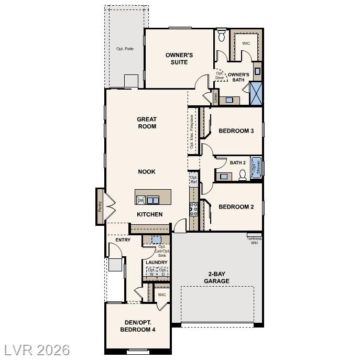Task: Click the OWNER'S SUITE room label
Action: click(x=180, y=59)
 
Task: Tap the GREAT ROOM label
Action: click(x=147, y=123)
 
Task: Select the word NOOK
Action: click(x=147, y=171)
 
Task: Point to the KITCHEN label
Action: click(x=149, y=214)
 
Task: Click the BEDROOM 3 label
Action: click(x=236, y=131)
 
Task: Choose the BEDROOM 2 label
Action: click(x=236, y=207)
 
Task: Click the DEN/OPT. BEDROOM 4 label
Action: click(x=138, y=325)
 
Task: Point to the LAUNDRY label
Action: click(x=157, y=263)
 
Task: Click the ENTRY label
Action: click(x=123, y=240)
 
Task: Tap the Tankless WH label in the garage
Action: click(x=254, y=241)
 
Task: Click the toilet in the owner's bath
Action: click(x=221, y=35)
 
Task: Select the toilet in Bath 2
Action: click(x=243, y=175)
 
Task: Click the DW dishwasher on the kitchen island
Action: click(x=140, y=200)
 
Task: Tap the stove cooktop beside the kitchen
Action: click(x=193, y=209)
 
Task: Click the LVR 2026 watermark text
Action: click(x=37, y=350)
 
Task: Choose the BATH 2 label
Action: click(x=237, y=163)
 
